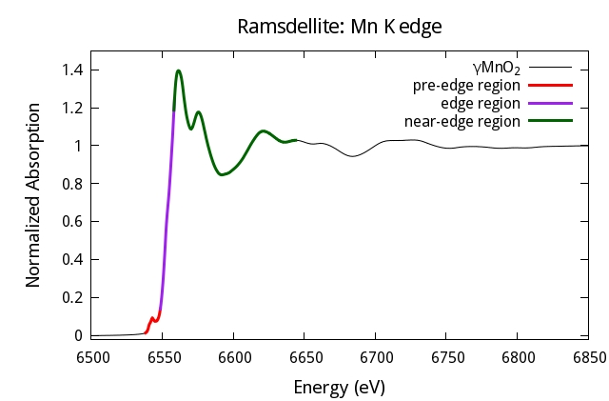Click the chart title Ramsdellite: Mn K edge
coord(340,27)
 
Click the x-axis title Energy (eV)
coord(340,388)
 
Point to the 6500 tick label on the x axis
coord(91,356)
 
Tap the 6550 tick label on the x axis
coord(162,356)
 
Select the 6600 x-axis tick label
coord(233,356)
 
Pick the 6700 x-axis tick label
coord(375,356)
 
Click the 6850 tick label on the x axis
coord(589,356)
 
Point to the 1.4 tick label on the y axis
coord(72,70)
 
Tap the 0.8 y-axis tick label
coord(72,184)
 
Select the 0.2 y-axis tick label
coord(72,297)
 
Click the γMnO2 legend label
coord(496,68)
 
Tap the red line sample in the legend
coord(549,86)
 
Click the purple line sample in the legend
coord(549,104)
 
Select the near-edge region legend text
coord(462,121)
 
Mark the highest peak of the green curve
coord(178,70)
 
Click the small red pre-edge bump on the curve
coord(152,318)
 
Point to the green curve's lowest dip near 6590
coord(221,175)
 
